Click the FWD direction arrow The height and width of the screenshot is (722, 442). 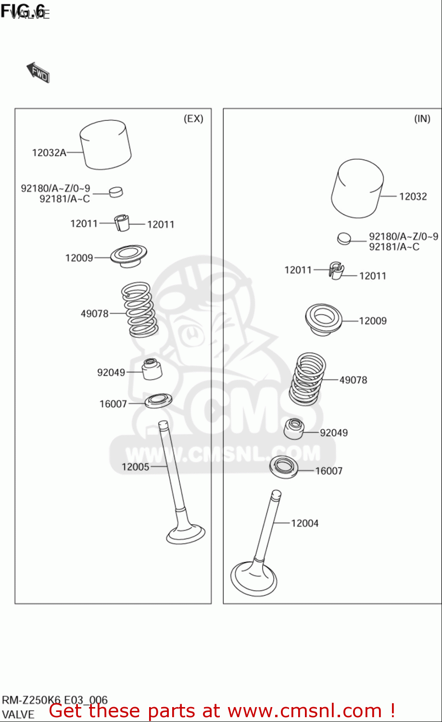click(x=38, y=73)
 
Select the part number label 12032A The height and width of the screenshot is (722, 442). click(x=49, y=153)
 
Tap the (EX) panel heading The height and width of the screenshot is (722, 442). click(x=193, y=119)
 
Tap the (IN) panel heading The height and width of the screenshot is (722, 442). click(x=422, y=119)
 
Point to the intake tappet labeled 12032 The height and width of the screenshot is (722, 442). click(x=357, y=189)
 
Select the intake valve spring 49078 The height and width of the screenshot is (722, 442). click(x=308, y=378)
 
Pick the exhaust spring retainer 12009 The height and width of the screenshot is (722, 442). click(x=128, y=256)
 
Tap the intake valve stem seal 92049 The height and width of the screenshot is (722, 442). click(x=294, y=429)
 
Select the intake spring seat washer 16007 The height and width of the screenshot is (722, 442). click(x=284, y=467)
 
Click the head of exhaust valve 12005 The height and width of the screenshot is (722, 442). click(x=186, y=533)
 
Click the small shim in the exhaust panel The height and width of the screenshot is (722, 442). click(x=116, y=192)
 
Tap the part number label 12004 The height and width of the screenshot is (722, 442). click(x=304, y=523)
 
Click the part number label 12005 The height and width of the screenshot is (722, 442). click(x=135, y=467)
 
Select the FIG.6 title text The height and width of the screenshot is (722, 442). click(x=23, y=11)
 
